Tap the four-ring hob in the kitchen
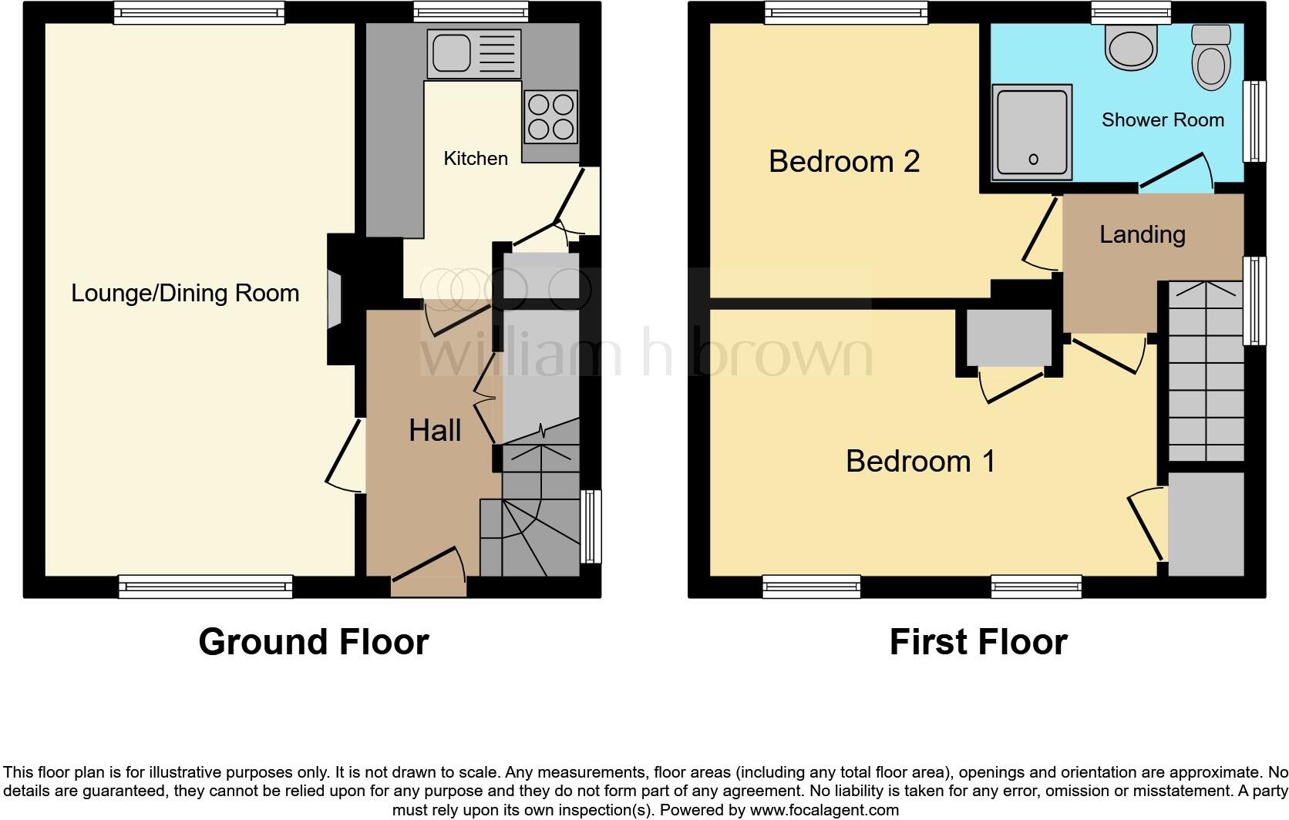click(x=550, y=117)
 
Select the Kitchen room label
click(x=476, y=159)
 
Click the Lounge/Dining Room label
click(x=185, y=293)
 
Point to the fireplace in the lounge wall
click(x=335, y=298)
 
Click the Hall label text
click(x=435, y=431)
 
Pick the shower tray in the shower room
click(x=1032, y=132)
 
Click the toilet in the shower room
click(x=1210, y=58)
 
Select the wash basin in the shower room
click(x=1132, y=46)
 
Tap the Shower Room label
click(x=1163, y=120)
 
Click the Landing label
click(x=1142, y=234)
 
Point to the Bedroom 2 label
click(x=844, y=161)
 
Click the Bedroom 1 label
click(x=920, y=461)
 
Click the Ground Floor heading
click(x=313, y=642)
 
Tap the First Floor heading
click(x=978, y=642)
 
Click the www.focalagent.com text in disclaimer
click(x=824, y=810)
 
